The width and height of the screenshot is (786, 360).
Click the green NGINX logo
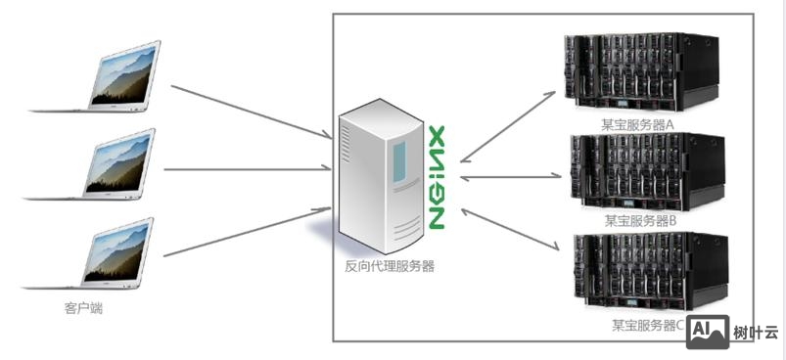[x=438, y=176]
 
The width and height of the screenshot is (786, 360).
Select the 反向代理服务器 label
[x=390, y=265]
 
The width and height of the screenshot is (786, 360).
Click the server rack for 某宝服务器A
[x=641, y=73]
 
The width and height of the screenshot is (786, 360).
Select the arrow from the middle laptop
[x=245, y=169]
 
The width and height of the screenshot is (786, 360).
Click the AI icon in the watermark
[x=708, y=333]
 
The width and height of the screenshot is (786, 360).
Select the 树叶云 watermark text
[x=756, y=334]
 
